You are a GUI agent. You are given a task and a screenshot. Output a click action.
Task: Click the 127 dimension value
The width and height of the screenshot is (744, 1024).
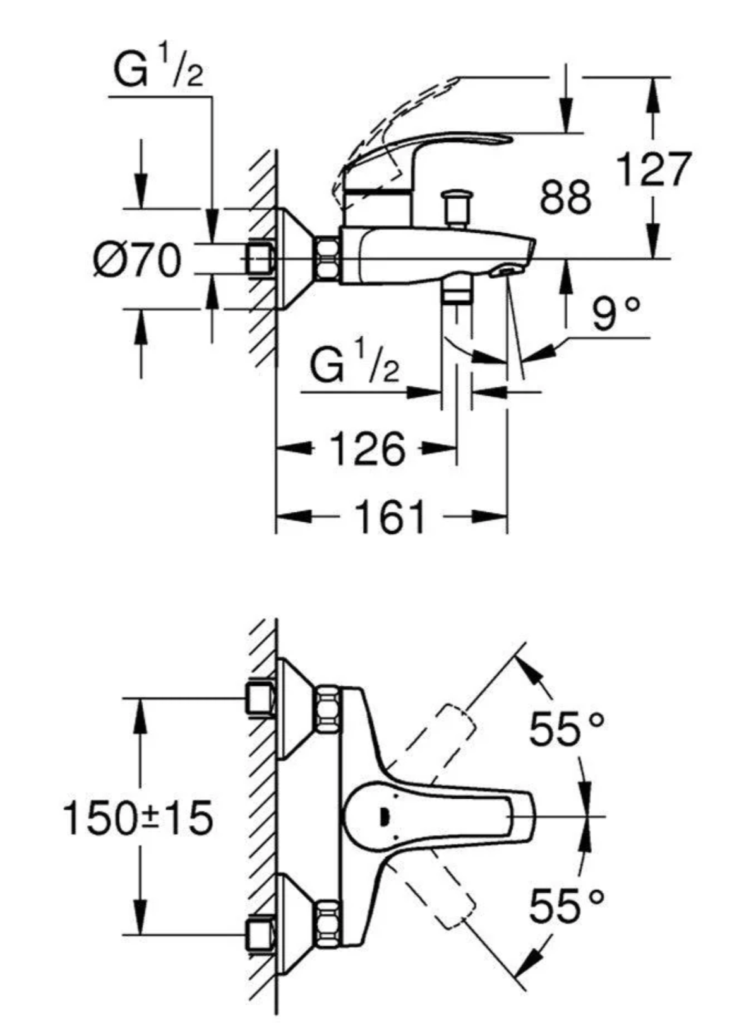click(x=653, y=169)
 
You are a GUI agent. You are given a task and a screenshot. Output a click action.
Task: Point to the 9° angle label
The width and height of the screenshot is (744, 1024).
click(x=616, y=313)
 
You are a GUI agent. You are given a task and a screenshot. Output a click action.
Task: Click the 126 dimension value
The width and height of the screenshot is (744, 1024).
click(x=367, y=449)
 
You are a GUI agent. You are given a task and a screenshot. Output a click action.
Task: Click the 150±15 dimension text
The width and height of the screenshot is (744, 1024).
click(x=138, y=818)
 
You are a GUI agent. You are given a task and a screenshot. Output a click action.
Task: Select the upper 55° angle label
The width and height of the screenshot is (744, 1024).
click(x=566, y=729)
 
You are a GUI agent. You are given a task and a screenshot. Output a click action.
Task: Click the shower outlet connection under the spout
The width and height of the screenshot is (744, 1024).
click(x=457, y=293)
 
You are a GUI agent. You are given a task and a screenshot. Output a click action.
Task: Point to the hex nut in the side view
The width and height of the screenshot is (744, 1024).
click(x=327, y=258)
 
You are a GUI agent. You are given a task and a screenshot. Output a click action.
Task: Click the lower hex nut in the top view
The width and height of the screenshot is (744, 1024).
click(x=327, y=926)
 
